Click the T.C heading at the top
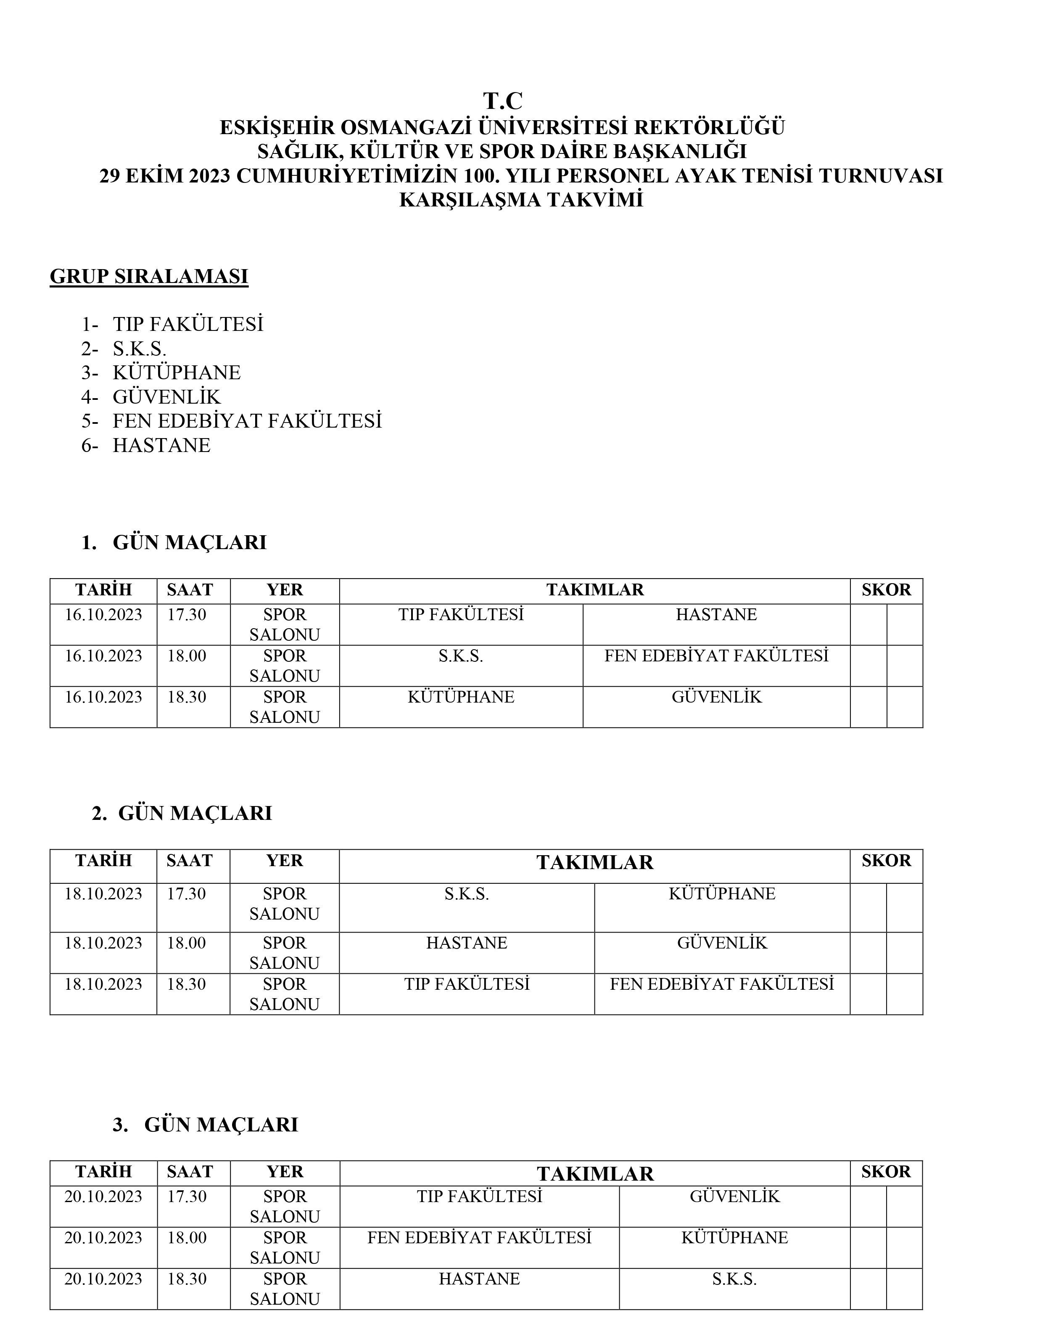(502, 101)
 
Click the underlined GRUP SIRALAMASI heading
(149, 277)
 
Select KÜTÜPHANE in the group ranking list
(177, 373)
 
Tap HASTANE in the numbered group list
(161, 445)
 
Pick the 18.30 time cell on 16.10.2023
(187, 697)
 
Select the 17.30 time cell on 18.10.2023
(187, 893)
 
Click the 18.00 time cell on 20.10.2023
(187, 1237)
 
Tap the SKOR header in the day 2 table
(886, 861)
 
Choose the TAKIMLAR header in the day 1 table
(595, 590)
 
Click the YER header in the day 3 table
(285, 1171)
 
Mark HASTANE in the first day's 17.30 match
(716, 614)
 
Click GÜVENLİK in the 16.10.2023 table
(716, 697)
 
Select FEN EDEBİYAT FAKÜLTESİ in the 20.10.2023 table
(479, 1237)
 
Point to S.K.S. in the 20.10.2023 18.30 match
(734, 1279)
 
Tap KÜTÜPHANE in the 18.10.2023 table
(722, 893)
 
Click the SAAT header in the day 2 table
(189, 861)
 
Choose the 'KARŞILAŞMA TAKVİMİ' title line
(521, 200)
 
